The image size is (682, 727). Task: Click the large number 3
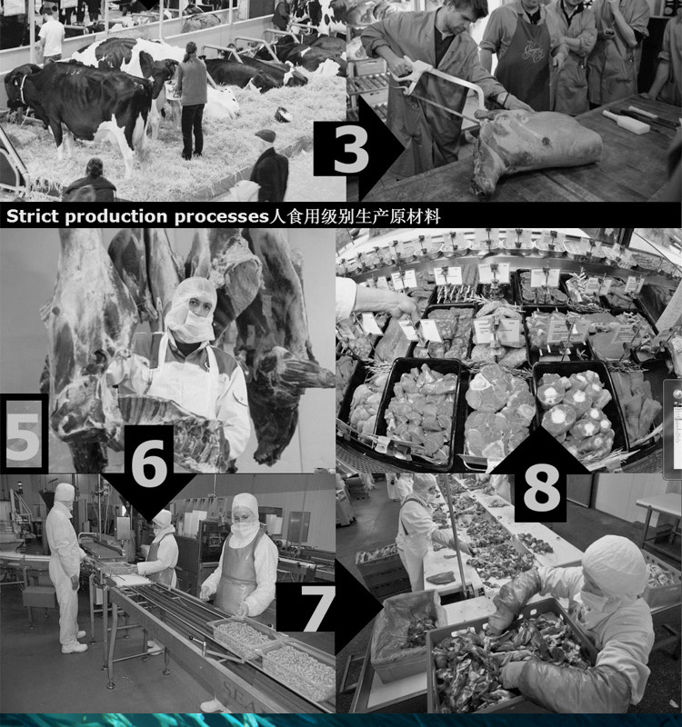coord(351,149)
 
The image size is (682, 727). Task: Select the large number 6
coord(148,462)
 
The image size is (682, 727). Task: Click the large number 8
coord(541,488)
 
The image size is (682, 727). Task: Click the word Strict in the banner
coord(33,216)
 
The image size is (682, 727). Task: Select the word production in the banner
coord(116,217)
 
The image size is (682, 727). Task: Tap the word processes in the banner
coord(221,217)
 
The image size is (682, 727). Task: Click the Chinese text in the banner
coord(355,216)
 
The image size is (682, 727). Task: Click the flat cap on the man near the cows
coord(265,135)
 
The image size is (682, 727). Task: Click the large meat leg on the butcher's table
coord(534,146)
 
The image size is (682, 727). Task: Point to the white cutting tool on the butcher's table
coord(626,122)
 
